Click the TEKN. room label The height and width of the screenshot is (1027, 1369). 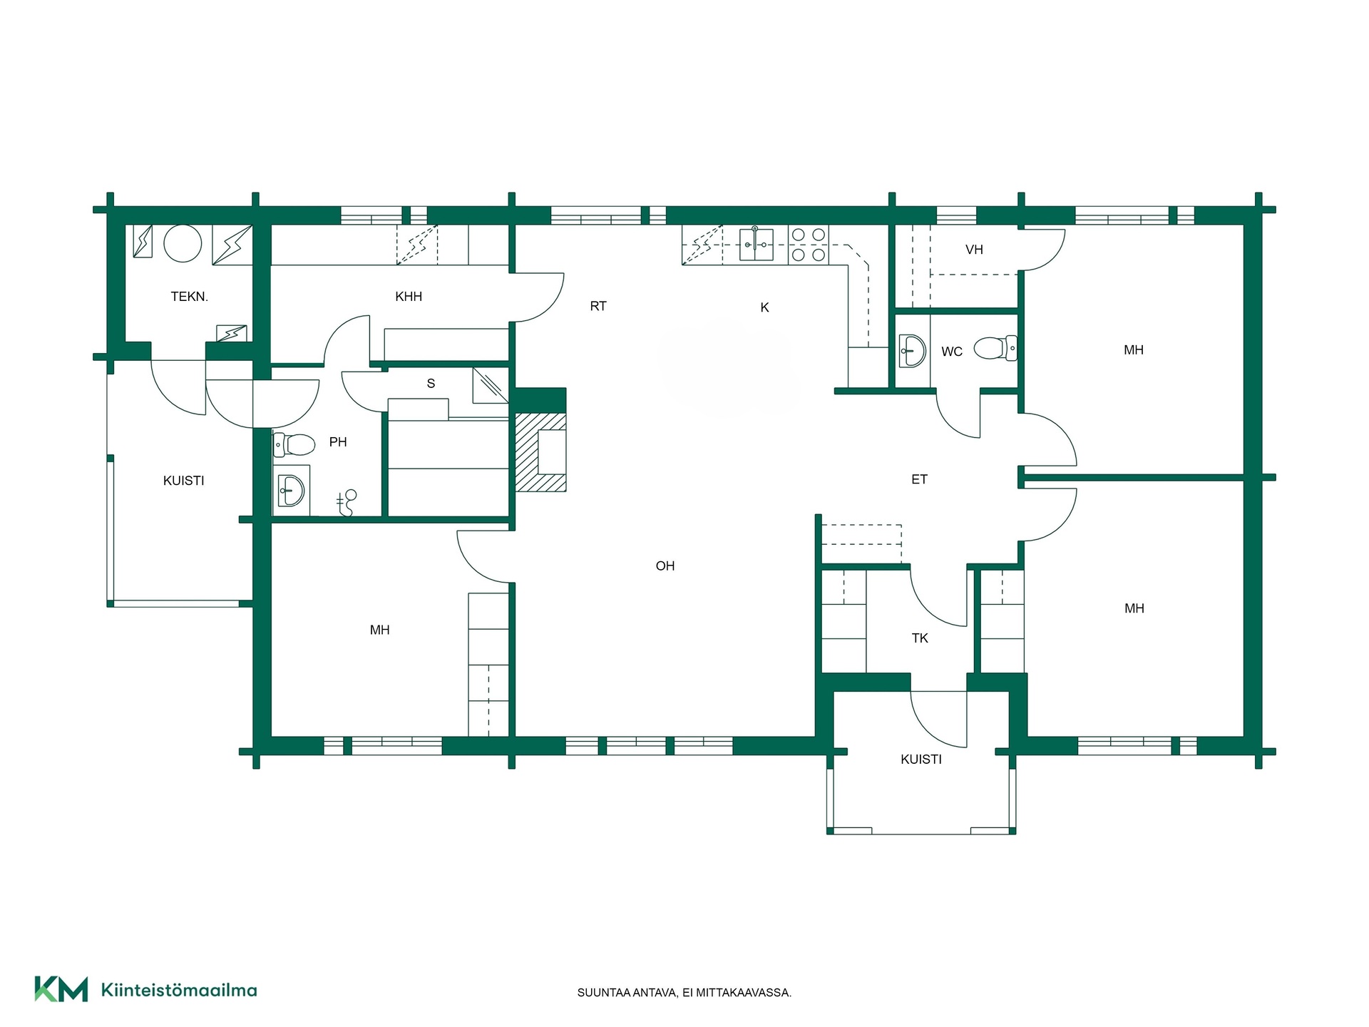coord(189,297)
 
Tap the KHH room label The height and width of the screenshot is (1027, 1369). coord(409,297)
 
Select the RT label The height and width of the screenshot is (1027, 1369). coord(598,307)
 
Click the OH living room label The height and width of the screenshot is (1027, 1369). coord(665,566)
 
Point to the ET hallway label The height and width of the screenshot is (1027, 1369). coord(919,480)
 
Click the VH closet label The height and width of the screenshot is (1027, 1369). coord(974,250)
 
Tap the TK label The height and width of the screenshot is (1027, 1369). coord(920,638)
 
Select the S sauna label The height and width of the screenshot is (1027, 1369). coord(431,384)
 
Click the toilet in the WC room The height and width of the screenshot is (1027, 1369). coord(995,349)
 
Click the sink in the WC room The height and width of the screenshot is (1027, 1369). coord(912,351)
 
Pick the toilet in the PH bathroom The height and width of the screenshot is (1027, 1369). coord(294,445)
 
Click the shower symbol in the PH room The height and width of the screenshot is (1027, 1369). coord(347,503)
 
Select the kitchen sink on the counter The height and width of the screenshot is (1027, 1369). coord(756,244)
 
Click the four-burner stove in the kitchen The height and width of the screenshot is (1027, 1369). coord(809,245)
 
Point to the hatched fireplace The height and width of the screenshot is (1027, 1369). coord(540,452)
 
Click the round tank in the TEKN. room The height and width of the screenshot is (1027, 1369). coord(183,243)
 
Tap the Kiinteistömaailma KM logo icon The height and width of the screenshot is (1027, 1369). coord(61,989)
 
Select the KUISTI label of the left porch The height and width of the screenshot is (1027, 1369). coord(183,481)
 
